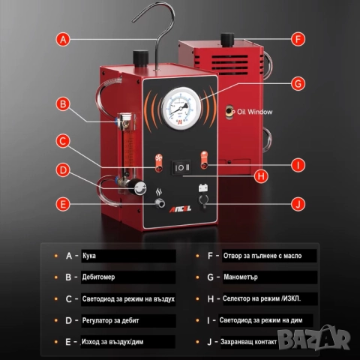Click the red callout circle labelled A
63,39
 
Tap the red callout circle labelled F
298,39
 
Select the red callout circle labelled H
261,176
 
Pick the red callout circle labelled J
298,204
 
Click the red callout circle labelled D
63,170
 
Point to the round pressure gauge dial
181,108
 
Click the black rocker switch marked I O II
181,167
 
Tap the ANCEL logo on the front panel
180,209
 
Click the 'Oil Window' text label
254,112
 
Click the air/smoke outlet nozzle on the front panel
159,203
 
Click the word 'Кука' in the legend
89,256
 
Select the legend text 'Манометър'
241,277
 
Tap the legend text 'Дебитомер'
98,277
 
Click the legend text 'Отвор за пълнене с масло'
262,256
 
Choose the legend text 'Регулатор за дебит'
110,320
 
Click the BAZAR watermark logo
314,337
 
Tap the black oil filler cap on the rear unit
227,40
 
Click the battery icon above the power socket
203,187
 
